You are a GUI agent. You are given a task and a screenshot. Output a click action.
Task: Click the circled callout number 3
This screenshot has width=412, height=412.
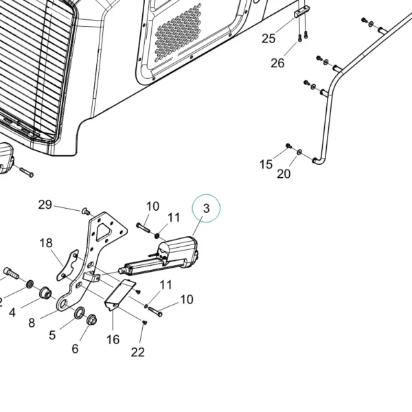pyautogui.click(x=206, y=208)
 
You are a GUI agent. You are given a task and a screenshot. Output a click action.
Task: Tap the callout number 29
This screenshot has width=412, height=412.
pyautogui.click(x=45, y=205)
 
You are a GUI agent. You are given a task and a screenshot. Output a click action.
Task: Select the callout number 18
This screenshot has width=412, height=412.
pyautogui.click(x=46, y=243)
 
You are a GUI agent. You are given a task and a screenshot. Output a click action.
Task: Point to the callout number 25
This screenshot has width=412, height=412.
pyautogui.click(x=268, y=38)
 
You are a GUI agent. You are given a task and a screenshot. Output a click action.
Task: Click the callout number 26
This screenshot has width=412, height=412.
pyautogui.click(x=277, y=63)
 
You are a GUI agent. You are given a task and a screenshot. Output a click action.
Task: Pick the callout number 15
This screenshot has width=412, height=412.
pyautogui.click(x=266, y=165)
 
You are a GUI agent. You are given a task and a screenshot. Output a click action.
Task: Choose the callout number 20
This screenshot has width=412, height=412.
pyautogui.click(x=284, y=174)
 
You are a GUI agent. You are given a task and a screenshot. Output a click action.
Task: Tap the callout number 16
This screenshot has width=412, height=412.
pyautogui.click(x=113, y=339)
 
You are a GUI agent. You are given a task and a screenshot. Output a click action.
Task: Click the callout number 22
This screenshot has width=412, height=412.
pyautogui.click(x=138, y=352)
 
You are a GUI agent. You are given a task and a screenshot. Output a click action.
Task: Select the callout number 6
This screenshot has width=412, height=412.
pyautogui.click(x=75, y=349)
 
